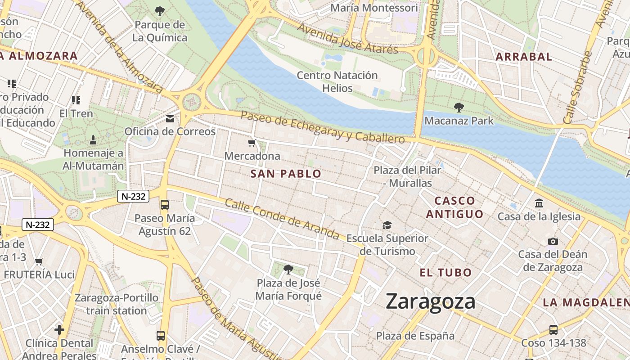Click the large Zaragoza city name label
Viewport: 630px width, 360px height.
(430, 301)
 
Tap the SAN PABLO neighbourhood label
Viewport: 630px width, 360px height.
(286, 174)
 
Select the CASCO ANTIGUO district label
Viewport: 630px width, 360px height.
(454, 207)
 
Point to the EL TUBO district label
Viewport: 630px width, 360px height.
(445, 272)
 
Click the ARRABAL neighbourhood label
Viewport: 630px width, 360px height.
(523, 57)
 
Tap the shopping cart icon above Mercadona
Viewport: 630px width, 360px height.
(252, 143)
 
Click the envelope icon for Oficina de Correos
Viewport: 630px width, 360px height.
(170, 119)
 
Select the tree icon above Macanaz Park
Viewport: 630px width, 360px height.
(459, 108)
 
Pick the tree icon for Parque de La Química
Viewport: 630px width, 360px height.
(159, 11)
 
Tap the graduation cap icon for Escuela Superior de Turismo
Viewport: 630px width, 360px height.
(387, 225)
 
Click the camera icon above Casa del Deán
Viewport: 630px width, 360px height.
(553, 241)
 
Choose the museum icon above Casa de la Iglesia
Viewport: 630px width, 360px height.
(539, 203)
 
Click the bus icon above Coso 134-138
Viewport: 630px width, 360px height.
(553, 329)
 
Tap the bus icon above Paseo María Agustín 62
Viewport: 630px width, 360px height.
(165, 205)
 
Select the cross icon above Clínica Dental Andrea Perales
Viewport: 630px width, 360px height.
(59, 330)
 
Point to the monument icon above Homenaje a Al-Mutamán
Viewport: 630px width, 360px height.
(93, 139)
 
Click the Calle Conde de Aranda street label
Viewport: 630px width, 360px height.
(282, 219)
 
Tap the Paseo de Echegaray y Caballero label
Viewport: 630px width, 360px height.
(323, 127)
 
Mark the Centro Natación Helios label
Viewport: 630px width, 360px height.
(337, 81)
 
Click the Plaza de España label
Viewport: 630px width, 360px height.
(415, 336)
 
